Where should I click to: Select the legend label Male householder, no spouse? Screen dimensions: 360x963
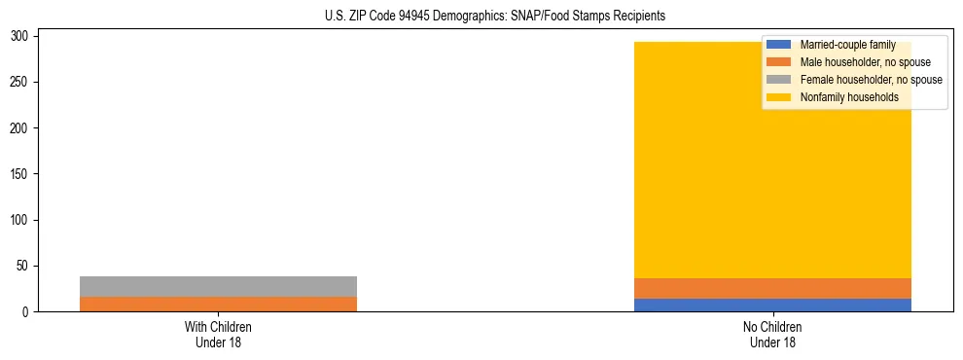click(x=865, y=62)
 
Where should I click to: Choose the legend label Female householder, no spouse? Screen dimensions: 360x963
click(x=871, y=80)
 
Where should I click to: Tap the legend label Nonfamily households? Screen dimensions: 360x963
click(x=849, y=97)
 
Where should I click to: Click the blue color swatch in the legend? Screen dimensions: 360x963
click(x=779, y=45)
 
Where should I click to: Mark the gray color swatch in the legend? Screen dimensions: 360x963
click(x=779, y=80)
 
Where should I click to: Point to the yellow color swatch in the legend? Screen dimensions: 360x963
click(x=779, y=97)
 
